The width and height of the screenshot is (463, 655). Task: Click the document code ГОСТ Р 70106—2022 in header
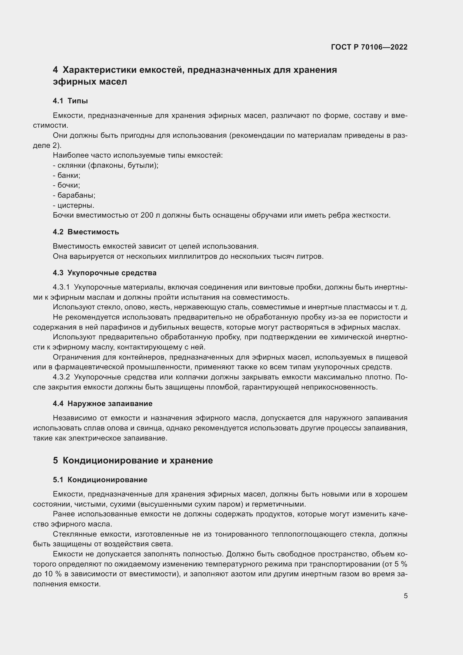click(369, 47)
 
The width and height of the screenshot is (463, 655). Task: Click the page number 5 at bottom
click(405, 596)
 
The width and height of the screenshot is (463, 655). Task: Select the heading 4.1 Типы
click(70, 101)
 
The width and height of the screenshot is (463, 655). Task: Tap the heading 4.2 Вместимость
click(86, 232)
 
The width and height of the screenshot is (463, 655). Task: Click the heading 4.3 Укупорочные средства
click(105, 273)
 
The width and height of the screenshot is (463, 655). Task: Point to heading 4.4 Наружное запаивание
click(103, 404)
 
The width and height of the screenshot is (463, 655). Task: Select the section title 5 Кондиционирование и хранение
click(133, 460)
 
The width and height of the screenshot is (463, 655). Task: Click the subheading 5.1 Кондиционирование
click(100, 480)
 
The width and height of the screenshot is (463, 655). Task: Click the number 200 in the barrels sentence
click(147, 215)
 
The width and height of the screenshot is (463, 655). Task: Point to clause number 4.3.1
click(61, 287)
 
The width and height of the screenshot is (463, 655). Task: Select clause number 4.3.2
click(61, 377)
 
